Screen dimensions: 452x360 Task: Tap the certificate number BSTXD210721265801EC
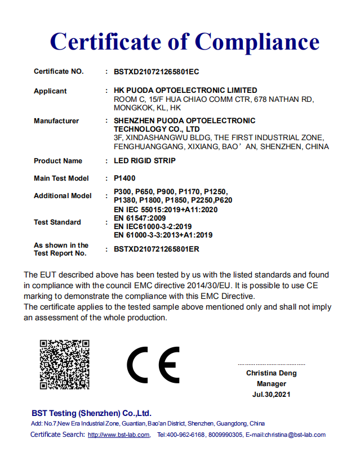157,72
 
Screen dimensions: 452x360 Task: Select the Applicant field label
50,91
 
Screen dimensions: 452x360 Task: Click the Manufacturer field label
56,121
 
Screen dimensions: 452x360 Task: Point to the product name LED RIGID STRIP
145,161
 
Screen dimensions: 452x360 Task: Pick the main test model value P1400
125,178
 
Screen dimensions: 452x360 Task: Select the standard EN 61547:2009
140,218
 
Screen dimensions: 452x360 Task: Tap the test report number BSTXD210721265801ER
157,249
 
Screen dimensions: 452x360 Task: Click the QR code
65,364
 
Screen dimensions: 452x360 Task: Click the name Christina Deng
271,373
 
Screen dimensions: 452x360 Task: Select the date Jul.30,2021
271,395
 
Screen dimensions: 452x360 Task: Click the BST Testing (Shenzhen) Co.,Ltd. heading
91,413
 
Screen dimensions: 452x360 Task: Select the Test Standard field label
57,222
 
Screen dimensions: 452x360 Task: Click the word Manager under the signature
271,384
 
